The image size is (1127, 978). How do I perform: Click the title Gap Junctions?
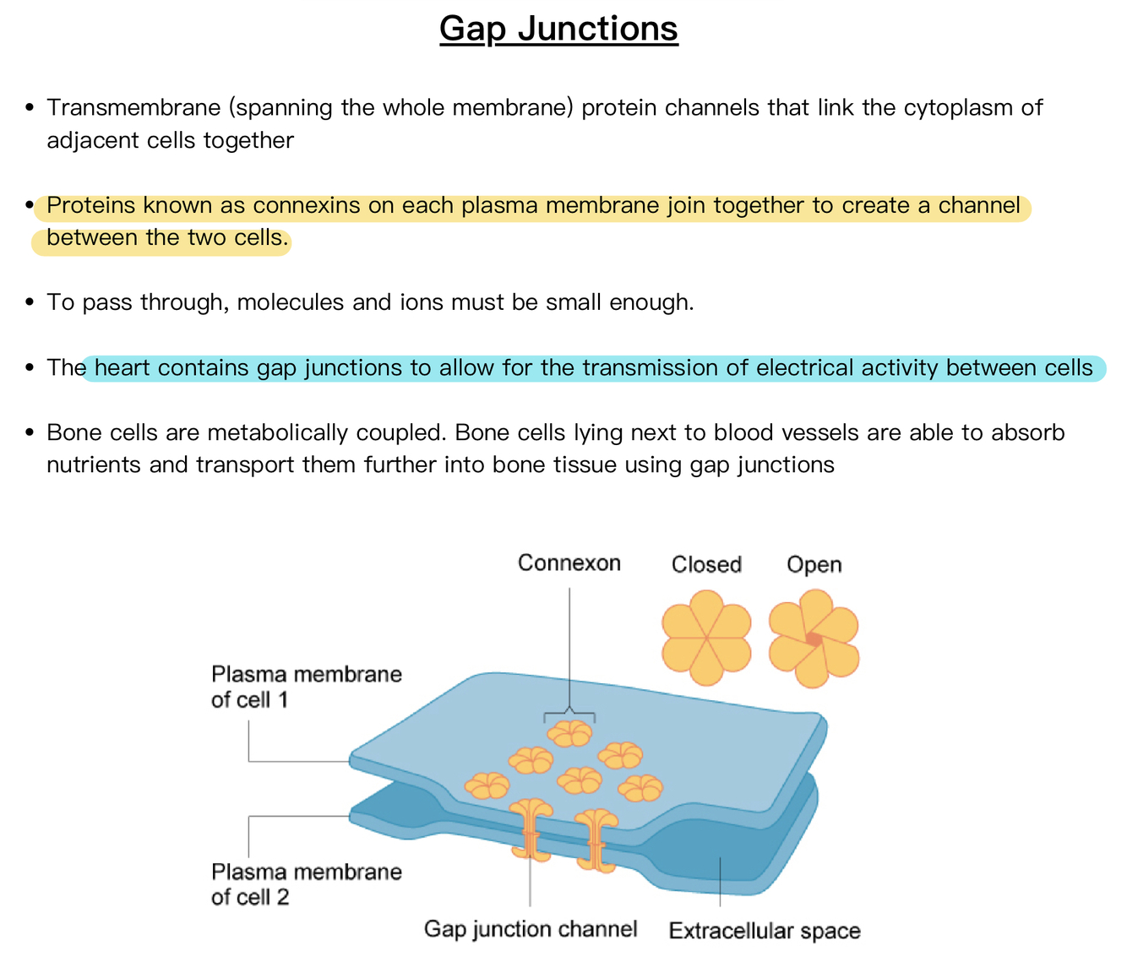click(x=558, y=29)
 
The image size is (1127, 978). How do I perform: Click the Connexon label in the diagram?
click(x=569, y=563)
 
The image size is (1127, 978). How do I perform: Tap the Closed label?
click(x=706, y=565)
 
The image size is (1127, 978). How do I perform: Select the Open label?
click(x=814, y=565)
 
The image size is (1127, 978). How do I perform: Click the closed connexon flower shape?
click(x=706, y=637)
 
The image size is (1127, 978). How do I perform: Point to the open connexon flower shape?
click(x=814, y=638)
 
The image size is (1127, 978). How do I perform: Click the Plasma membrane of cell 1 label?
click(x=306, y=687)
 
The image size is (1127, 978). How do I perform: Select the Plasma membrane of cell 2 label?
click(x=306, y=884)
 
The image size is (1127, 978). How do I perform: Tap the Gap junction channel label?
click(x=530, y=930)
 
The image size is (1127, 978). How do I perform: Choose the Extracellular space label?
click(x=764, y=932)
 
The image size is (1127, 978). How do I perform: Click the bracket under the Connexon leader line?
click(x=569, y=714)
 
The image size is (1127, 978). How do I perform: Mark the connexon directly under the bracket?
click(x=570, y=734)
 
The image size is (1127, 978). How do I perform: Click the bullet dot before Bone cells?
click(x=30, y=433)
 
